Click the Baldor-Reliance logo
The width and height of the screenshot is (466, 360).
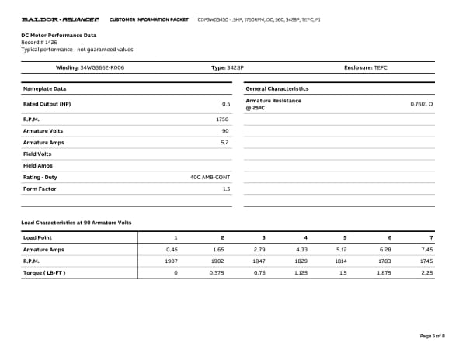click(61, 19)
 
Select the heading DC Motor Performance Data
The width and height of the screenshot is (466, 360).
click(58, 36)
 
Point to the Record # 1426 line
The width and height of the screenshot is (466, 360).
click(39, 43)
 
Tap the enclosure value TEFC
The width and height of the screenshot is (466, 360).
click(380, 68)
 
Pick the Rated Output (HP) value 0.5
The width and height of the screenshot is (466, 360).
click(226, 103)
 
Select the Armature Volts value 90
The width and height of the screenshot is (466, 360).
click(225, 131)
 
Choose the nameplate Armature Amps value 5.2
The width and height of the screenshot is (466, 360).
click(224, 143)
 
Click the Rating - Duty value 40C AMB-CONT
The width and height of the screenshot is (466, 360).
click(210, 177)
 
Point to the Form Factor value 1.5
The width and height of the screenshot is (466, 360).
click(226, 189)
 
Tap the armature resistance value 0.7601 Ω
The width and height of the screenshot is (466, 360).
click(421, 103)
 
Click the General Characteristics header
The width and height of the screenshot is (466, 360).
click(276, 89)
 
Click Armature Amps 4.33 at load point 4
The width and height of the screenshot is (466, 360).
click(302, 250)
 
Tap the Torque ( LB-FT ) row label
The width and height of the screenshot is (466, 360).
click(45, 273)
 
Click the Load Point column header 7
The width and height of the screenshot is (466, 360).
click(430, 237)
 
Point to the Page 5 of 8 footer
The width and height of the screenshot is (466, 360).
click(432, 336)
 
